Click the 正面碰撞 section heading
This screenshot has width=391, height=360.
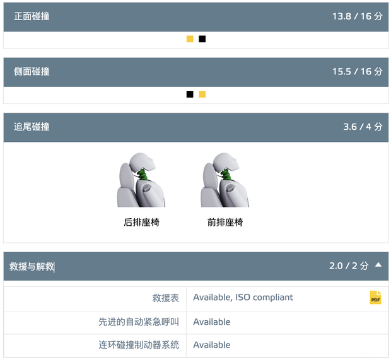click(32, 16)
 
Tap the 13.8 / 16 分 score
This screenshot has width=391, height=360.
click(358, 16)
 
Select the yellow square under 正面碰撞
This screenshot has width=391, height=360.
click(190, 39)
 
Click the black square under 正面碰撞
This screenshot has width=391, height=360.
click(202, 39)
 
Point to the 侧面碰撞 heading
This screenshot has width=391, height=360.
click(32, 71)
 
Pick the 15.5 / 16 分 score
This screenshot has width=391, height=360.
click(358, 71)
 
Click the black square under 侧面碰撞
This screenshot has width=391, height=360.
click(190, 94)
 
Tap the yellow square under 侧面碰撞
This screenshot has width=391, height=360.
click(202, 94)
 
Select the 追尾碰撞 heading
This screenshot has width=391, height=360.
click(32, 127)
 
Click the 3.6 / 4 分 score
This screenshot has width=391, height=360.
click(363, 127)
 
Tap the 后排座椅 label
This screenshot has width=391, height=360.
click(141, 222)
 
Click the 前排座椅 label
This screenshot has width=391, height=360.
click(225, 222)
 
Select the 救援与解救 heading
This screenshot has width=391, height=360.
click(32, 267)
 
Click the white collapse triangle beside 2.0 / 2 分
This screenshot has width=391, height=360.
click(378, 265)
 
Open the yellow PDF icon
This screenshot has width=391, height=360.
click(375, 298)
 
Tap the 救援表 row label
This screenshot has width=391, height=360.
click(166, 298)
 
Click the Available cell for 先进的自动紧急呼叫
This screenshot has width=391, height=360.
click(212, 322)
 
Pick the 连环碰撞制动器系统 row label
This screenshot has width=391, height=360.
click(139, 345)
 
